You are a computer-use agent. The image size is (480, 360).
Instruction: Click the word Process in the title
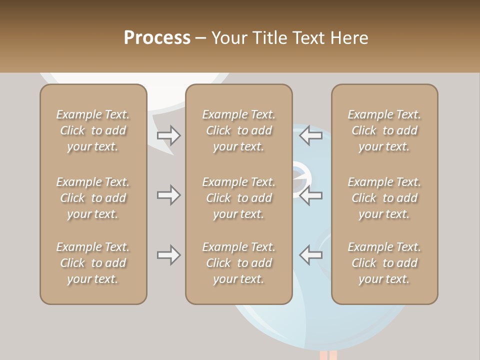pos(157,38)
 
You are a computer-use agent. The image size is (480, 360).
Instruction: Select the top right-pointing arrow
pos(169,135)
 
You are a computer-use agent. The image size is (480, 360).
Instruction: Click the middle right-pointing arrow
pos(169,195)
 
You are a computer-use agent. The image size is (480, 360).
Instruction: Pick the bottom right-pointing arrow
pos(169,255)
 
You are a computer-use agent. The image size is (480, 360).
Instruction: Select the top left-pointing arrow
pos(311,135)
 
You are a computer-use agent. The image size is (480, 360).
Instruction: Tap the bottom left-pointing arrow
pos(311,255)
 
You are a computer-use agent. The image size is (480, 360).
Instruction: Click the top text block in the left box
pos(93,130)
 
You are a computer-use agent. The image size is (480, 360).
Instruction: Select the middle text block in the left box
pos(93,198)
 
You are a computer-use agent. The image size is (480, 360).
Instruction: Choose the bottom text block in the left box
pos(93,263)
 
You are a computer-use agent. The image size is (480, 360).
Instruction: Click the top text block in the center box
pos(238,130)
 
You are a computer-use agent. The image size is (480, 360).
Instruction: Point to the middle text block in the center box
pos(238,198)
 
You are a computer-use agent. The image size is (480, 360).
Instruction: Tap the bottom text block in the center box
pos(238,263)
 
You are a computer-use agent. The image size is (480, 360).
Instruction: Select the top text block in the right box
pos(384,130)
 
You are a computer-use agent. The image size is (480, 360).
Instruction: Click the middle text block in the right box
pos(384,198)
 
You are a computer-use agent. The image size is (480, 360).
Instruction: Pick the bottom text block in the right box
pos(384,263)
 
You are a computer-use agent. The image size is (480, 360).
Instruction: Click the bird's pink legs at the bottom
pos(328,355)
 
